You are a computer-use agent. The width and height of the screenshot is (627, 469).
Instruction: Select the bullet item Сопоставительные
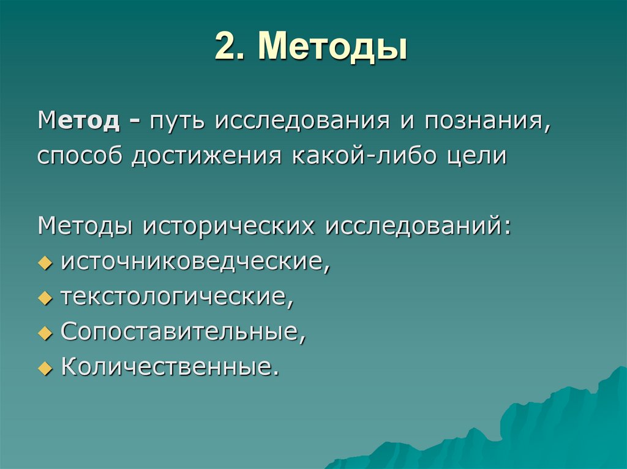tap(182, 332)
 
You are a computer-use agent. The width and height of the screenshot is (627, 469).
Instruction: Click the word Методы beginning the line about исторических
tap(85, 226)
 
